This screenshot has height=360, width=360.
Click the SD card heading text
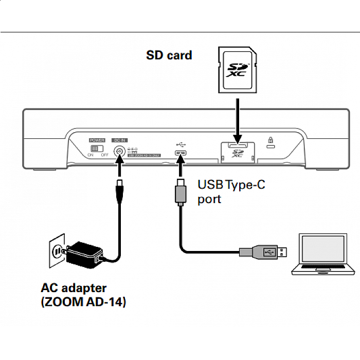coord(169,55)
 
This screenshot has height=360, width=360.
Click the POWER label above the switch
coord(97,140)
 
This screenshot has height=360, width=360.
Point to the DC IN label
coord(119,140)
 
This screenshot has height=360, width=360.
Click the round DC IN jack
coord(119,151)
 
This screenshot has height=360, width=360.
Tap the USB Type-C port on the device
coord(181,154)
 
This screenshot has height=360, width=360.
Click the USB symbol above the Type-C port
coord(181,145)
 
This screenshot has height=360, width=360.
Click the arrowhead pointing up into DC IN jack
coord(119,164)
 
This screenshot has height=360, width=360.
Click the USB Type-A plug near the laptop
coord(268,251)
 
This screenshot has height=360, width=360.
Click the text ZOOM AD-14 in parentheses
coord(83,302)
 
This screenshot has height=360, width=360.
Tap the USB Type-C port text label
coord(231,191)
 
